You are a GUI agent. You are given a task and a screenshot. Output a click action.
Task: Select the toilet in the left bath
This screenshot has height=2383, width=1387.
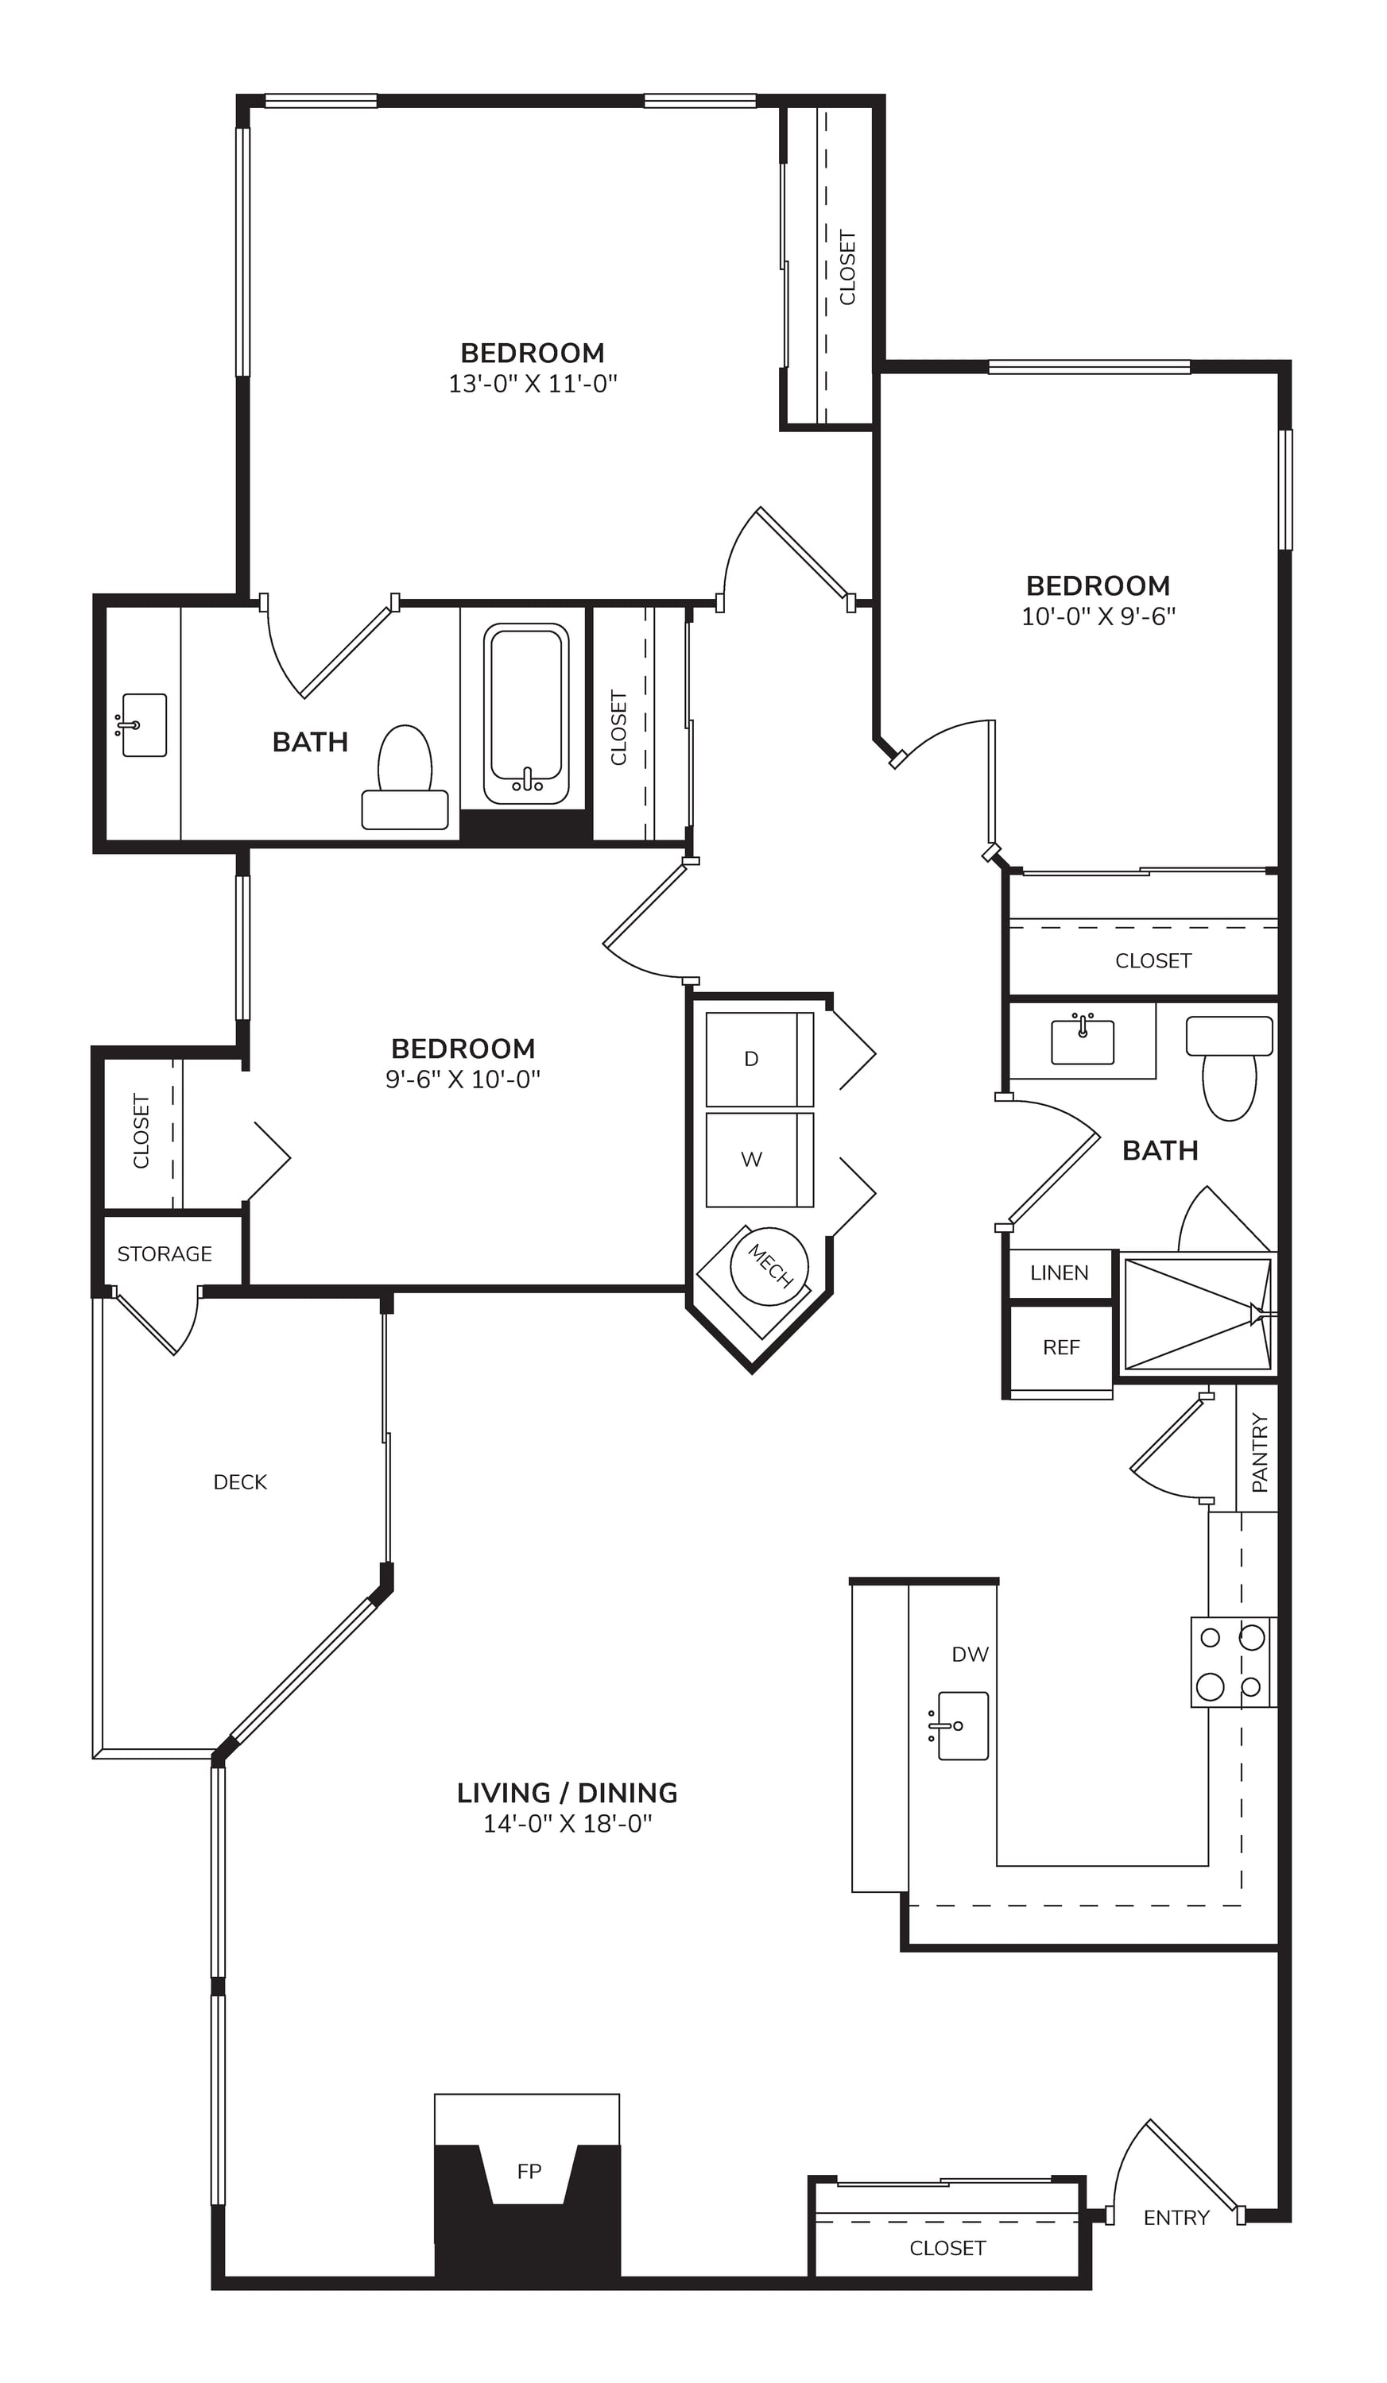click(405, 778)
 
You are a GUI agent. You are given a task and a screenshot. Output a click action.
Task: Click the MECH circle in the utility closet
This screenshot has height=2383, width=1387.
click(769, 1266)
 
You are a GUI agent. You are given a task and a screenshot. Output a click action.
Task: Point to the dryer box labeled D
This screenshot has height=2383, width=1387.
click(760, 1059)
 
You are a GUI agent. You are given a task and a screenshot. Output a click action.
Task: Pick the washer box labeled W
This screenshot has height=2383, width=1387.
click(760, 1160)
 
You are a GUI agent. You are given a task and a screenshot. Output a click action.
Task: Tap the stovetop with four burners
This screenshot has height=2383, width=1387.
click(1234, 1662)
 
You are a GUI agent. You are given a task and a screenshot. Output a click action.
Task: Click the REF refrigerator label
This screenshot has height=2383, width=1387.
click(1062, 1347)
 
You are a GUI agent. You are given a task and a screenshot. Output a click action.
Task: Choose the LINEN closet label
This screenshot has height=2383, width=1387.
click(1060, 1273)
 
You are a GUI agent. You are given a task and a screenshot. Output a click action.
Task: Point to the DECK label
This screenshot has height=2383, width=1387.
click(240, 1481)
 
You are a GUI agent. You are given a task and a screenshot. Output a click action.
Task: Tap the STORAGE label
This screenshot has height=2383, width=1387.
click(165, 1254)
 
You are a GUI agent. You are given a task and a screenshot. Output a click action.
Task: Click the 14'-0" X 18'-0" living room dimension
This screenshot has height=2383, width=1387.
click(568, 1823)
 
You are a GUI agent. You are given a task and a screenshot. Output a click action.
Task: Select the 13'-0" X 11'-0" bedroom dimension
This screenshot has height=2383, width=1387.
click(533, 383)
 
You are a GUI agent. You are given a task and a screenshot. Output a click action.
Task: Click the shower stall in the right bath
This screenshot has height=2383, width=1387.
click(1198, 1314)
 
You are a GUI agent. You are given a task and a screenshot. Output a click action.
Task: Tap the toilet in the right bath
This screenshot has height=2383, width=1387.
click(1229, 1068)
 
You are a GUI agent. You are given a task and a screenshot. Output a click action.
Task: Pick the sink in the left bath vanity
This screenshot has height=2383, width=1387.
click(142, 725)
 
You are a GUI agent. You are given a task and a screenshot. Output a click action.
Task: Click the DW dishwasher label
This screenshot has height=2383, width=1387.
click(970, 1654)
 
